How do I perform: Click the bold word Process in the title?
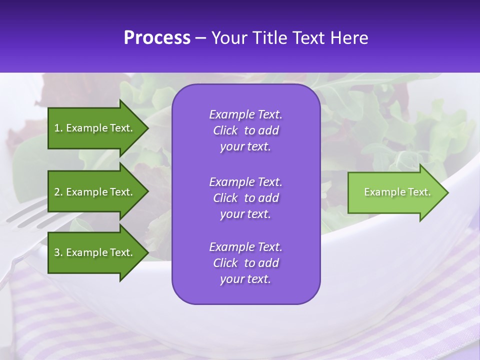[157, 38]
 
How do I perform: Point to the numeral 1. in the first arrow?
[58, 128]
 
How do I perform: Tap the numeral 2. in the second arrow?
[58, 192]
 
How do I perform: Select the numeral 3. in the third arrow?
[58, 252]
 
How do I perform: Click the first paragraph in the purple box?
[245, 130]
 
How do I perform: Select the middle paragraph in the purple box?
[245, 198]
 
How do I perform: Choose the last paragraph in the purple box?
[245, 263]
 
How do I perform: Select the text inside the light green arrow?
[397, 192]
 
